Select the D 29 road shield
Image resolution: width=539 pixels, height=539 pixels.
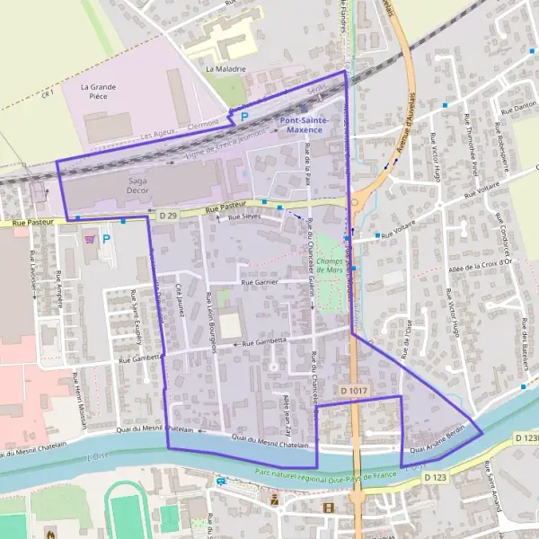168,216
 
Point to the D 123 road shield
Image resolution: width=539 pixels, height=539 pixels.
435,477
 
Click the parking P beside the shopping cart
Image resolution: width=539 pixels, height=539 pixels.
106,239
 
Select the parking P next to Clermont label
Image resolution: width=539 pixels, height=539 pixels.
243,117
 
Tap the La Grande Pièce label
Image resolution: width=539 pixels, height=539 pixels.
99,92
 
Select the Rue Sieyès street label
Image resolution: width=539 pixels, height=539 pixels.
246,217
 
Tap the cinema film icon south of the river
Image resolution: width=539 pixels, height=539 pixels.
328,508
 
